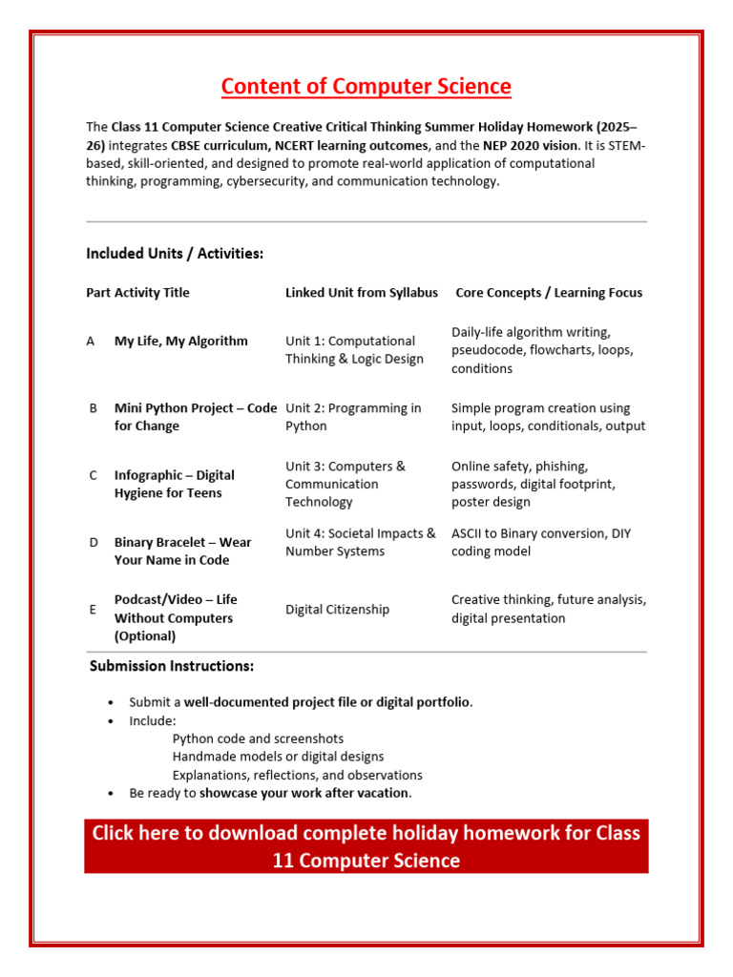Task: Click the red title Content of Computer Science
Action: (x=366, y=87)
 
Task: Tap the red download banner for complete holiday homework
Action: (x=366, y=846)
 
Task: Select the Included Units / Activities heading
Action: (x=175, y=254)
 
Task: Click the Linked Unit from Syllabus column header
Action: (x=362, y=293)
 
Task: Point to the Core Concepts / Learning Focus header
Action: (x=549, y=293)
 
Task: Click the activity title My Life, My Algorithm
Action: (x=180, y=341)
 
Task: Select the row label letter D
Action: (x=94, y=542)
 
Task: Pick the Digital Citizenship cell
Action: (x=337, y=610)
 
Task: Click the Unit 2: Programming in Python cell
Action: (x=353, y=417)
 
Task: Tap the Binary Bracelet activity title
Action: (x=182, y=551)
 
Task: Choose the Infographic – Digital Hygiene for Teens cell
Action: (x=174, y=484)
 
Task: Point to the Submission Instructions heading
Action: (x=172, y=666)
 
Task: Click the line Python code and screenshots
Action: (x=258, y=738)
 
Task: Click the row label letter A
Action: (x=91, y=341)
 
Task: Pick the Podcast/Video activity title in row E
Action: (x=176, y=617)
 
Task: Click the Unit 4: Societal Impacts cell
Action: (x=360, y=542)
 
